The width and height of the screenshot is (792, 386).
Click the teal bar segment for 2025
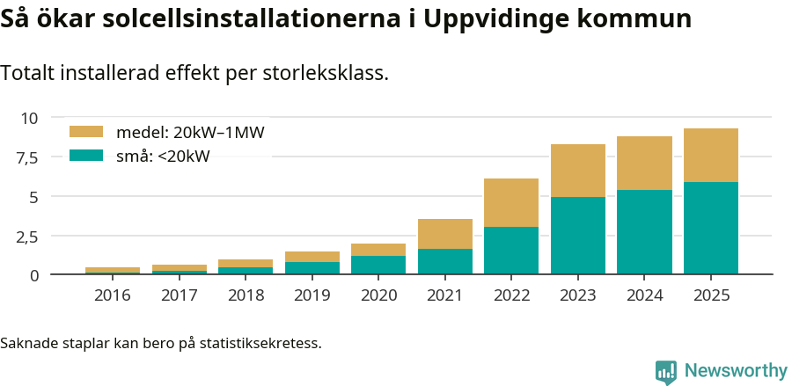point(710,228)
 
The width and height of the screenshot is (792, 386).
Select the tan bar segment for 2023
point(577,171)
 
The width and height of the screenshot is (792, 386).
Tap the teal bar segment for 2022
point(511,251)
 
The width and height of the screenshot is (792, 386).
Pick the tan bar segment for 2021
point(444,234)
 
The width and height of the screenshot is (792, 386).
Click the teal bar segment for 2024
point(644,232)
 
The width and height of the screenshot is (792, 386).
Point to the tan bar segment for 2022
point(511,202)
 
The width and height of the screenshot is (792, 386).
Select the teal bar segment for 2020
point(378,265)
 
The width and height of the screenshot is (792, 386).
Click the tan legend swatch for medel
point(86,132)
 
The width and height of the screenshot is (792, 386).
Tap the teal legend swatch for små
point(86,156)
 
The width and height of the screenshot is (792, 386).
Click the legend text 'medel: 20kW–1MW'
point(190,133)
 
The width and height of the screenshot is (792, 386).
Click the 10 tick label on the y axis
point(30,118)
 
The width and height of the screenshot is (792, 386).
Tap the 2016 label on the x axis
point(113,295)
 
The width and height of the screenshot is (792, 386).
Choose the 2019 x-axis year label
point(312,295)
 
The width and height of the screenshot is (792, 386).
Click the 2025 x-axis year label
point(710,295)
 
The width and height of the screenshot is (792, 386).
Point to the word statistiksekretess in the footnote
point(260,342)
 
